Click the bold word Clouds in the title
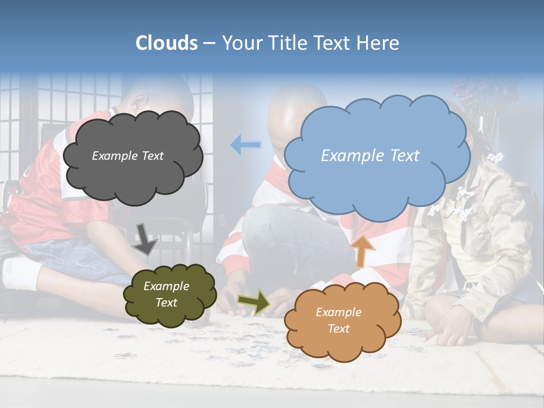166,43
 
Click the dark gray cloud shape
132,176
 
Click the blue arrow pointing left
245,146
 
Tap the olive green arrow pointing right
254,302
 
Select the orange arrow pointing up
363,251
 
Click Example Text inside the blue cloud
370,155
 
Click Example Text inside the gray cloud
127,155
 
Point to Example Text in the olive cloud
166,294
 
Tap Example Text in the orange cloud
338,320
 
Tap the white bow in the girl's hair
496,157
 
